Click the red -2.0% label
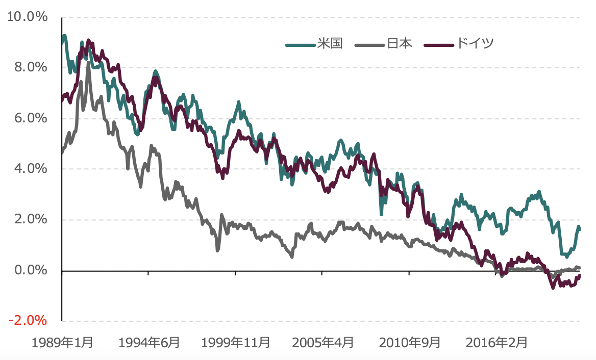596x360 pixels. click(x=29, y=321)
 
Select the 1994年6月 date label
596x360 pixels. click(x=149, y=342)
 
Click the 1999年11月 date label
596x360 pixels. click(x=236, y=342)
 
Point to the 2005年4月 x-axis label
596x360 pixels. click(x=322, y=342)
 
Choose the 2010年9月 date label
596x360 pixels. click(x=410, y=342)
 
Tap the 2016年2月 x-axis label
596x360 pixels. click(x=497, y=342)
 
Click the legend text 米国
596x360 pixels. click(x=329, y=43)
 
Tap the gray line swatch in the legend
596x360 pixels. click(x=370, y=45)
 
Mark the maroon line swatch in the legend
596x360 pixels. click(x=438, y=45)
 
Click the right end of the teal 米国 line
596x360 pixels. click(x=579, y=228)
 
